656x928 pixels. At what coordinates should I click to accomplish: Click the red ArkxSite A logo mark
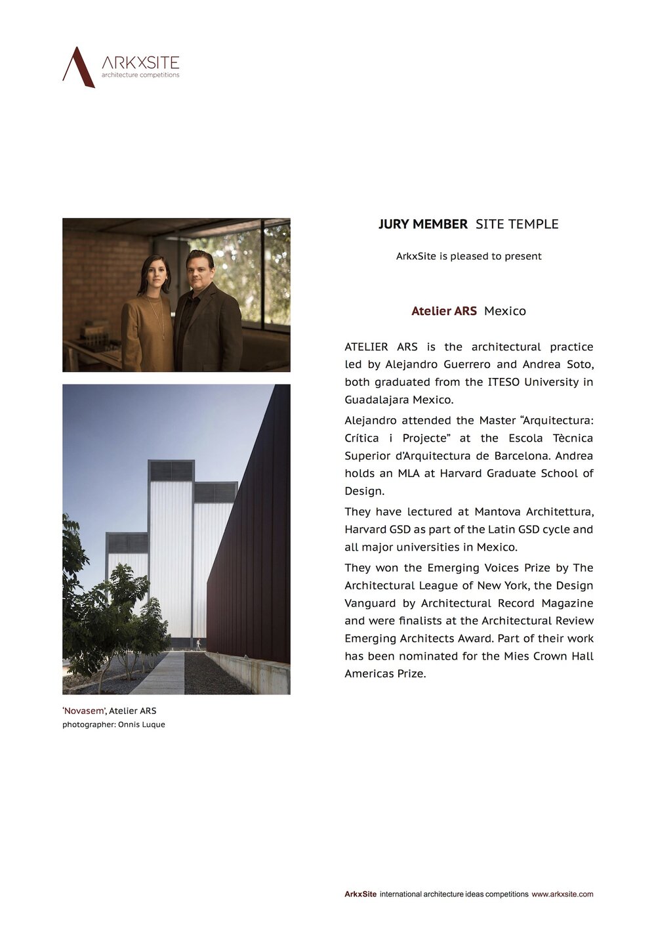click(78, 67)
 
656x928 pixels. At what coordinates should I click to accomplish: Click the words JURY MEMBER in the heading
click(422, 224)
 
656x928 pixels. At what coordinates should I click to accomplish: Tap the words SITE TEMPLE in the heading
click(517, 224)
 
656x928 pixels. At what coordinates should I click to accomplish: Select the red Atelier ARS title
click(443, 311)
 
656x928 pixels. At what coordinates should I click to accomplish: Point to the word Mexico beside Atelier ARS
click(504, 311)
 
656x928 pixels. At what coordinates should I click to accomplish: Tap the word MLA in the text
click(408, 473)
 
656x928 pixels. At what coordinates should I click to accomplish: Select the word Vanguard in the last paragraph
click(370, 603)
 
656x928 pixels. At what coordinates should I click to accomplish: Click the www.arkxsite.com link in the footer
click(562, 894)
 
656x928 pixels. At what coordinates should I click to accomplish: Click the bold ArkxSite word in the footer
click(360, 894)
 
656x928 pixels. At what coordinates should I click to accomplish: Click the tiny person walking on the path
click(197, 644)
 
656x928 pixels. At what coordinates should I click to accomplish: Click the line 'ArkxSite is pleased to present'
click(468, 256)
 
